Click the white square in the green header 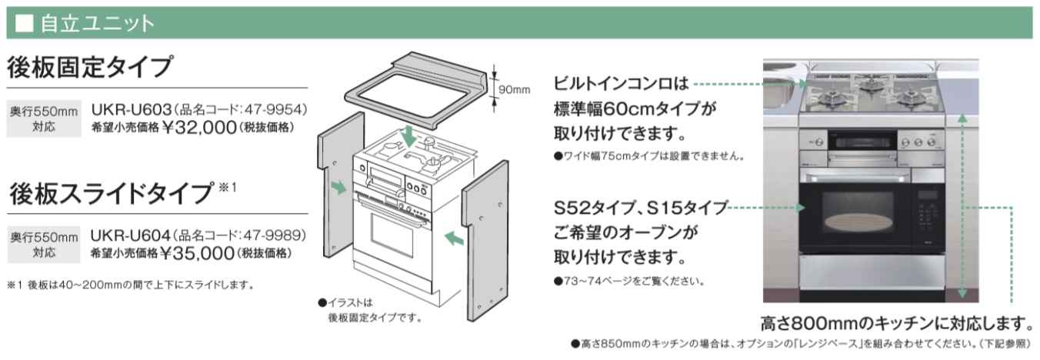(x=24, y=23)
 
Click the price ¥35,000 (x=198, y=252)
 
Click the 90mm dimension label (x=514, y=90)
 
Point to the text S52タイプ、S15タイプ (x=640, y=208)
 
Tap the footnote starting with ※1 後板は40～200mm (x=130, y=285)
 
